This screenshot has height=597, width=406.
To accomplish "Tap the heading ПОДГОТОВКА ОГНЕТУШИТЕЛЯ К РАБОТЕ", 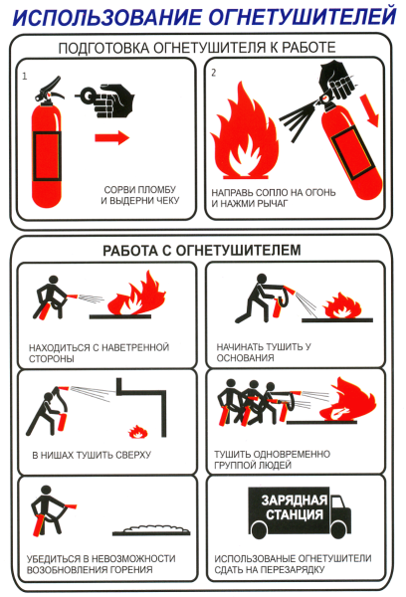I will coord(203,47).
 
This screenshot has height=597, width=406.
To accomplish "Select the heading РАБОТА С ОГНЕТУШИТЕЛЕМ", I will coord(203,250).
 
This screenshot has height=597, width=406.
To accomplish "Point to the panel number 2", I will coord(214,74).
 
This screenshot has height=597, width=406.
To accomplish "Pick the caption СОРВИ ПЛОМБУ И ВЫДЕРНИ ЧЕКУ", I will coord(139,196).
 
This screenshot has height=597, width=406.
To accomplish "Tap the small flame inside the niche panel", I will coord(135,432).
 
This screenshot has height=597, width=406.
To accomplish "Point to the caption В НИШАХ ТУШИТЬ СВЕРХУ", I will coord(92,455).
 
